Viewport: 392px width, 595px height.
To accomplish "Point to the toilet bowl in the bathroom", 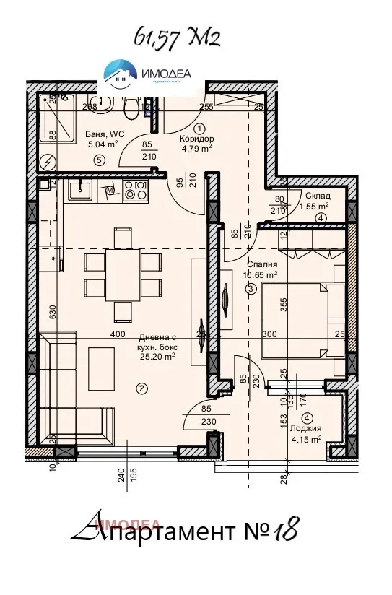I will click(x=131, y=110).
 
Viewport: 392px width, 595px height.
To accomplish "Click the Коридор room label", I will click(x=197, y=139).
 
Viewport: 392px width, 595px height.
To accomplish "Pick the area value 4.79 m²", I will click(x=196, y=149).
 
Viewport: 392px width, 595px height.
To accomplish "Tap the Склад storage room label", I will click(x=318, y=195).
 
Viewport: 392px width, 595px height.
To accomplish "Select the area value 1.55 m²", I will click(x=314, y=205).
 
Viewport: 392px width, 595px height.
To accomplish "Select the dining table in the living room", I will click(x=123, y=274).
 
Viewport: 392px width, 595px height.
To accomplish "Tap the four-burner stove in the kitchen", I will click(x=135, y=191).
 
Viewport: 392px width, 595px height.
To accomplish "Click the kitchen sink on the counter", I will click(x=79, y=191).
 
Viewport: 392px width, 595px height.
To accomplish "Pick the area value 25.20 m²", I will click(x=160, y=356).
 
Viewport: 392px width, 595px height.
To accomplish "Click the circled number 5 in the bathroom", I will click(x=99, y=160).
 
